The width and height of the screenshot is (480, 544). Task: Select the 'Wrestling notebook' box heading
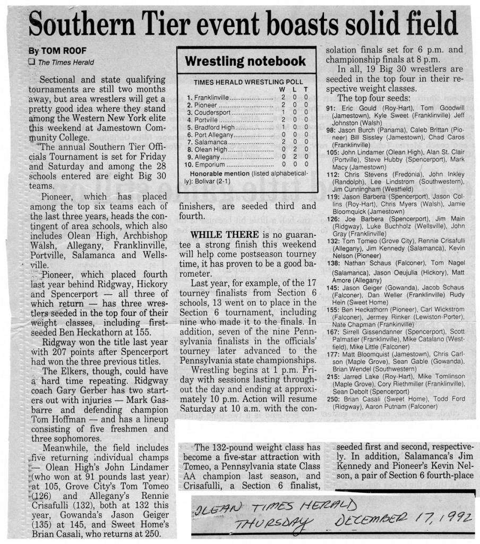click(245, 61)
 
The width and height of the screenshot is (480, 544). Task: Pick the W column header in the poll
click(281, 90)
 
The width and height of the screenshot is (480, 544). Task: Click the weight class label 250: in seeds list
click(333, 398)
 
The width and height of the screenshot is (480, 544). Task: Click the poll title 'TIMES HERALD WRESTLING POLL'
click(248, 82)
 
